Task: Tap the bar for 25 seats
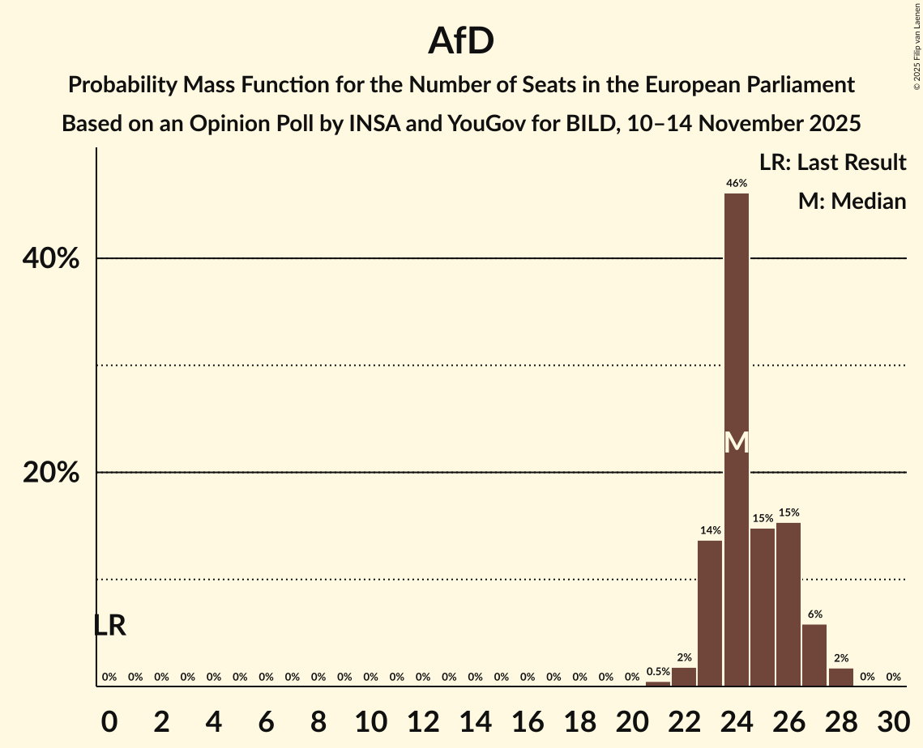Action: tap(762, 607)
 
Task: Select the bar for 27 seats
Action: tap(814, 655)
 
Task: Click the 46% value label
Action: tap(736, 184)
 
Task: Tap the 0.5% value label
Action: tap(658, 671)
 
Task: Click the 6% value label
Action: tap(814, 614)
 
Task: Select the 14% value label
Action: tap(710, 530)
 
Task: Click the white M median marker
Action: tap(736, 442)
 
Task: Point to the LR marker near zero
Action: tap(109, 626)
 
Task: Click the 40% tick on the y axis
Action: tap(51, 259)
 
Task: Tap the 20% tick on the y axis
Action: tap(51, 473)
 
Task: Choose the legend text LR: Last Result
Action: tap(832, 163)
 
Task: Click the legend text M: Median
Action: tap(852, 201)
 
